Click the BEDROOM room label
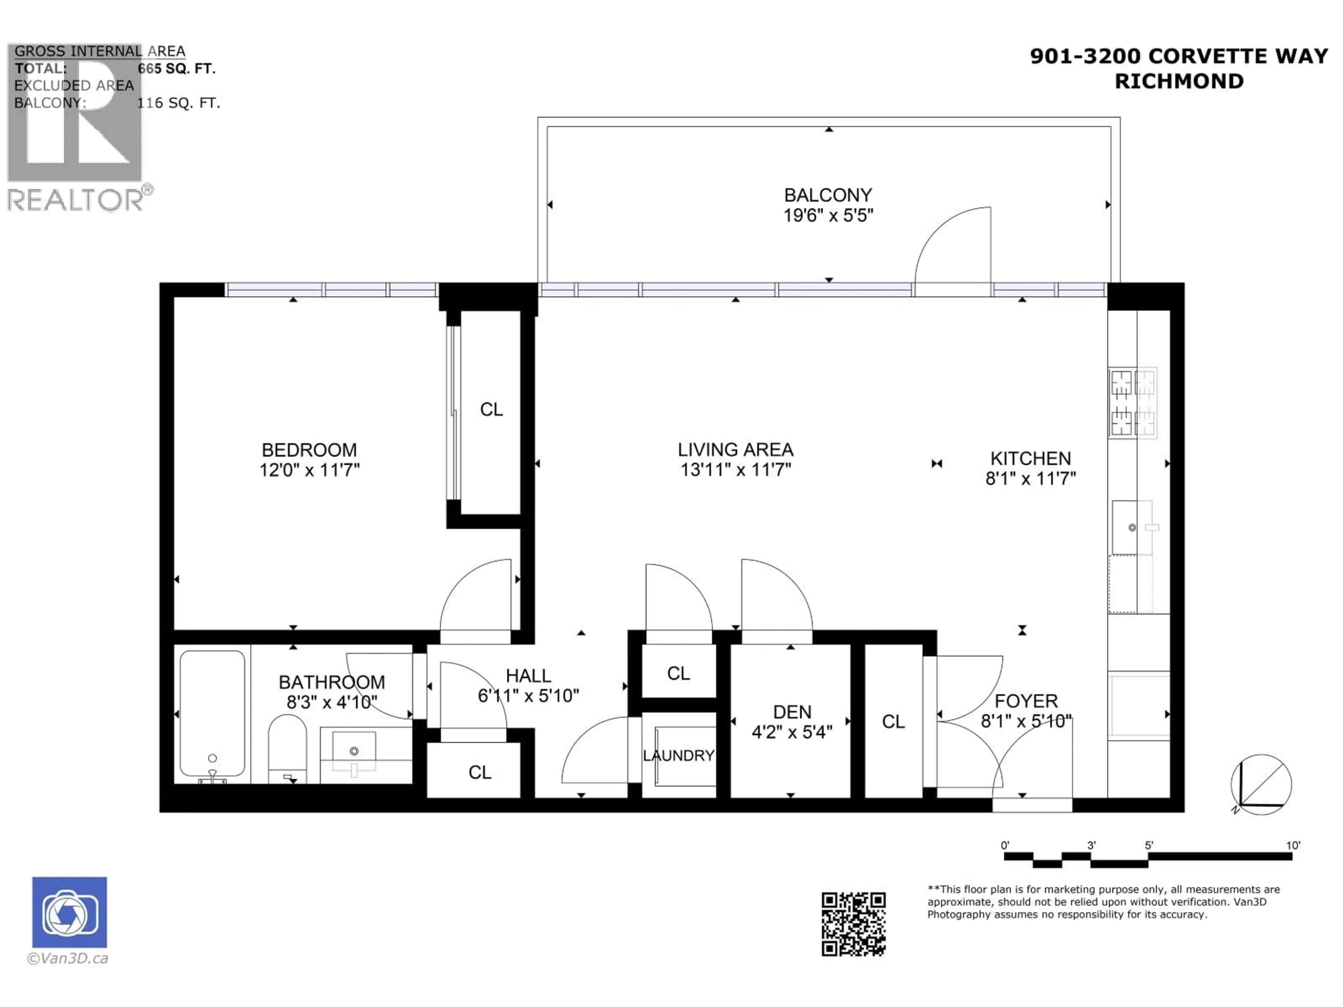pos(309,450)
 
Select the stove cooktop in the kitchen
pos(1132,403)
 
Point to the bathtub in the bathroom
pos(212,714)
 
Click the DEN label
pos(792,712)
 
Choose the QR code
pos(853,924)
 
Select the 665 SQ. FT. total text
pos(176,69)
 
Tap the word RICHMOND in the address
pos(1179,81)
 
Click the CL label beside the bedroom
pos(491,410)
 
